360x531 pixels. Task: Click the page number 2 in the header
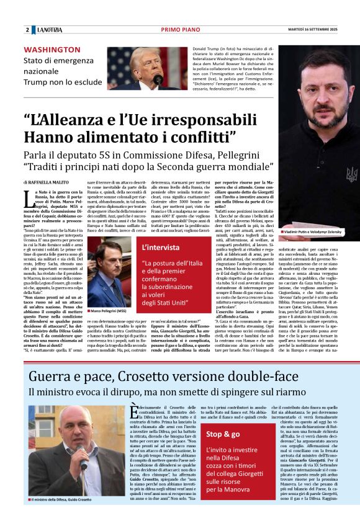pos(27,30)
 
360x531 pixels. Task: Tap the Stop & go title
pos(223,434)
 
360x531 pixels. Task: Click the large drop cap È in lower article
pos(132,415)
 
